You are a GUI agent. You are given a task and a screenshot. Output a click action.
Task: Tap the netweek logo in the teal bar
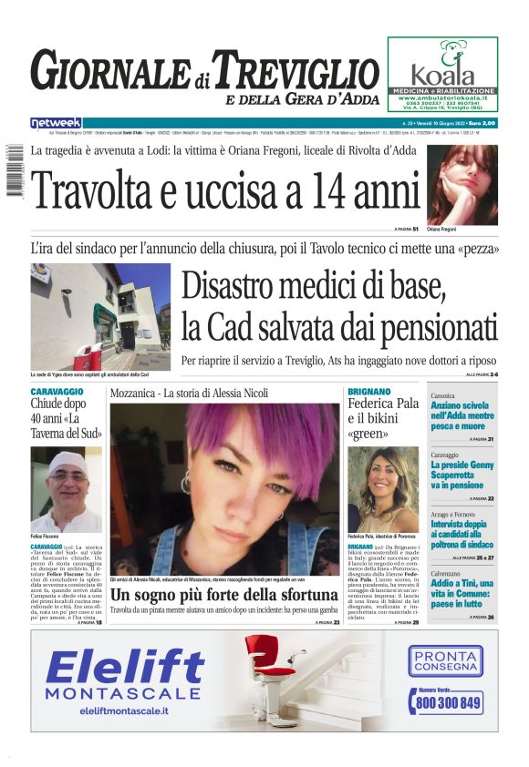pyautogui.click(x=56, y=122)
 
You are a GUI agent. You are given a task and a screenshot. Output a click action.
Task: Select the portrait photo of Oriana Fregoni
pyautogui.click(x=462, y=185)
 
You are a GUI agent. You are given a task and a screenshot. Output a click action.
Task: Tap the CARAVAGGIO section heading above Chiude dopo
pyautogui.click(x=58, y=392)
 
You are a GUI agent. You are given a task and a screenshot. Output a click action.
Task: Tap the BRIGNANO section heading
pyautogui.click(x=369, y=392)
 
